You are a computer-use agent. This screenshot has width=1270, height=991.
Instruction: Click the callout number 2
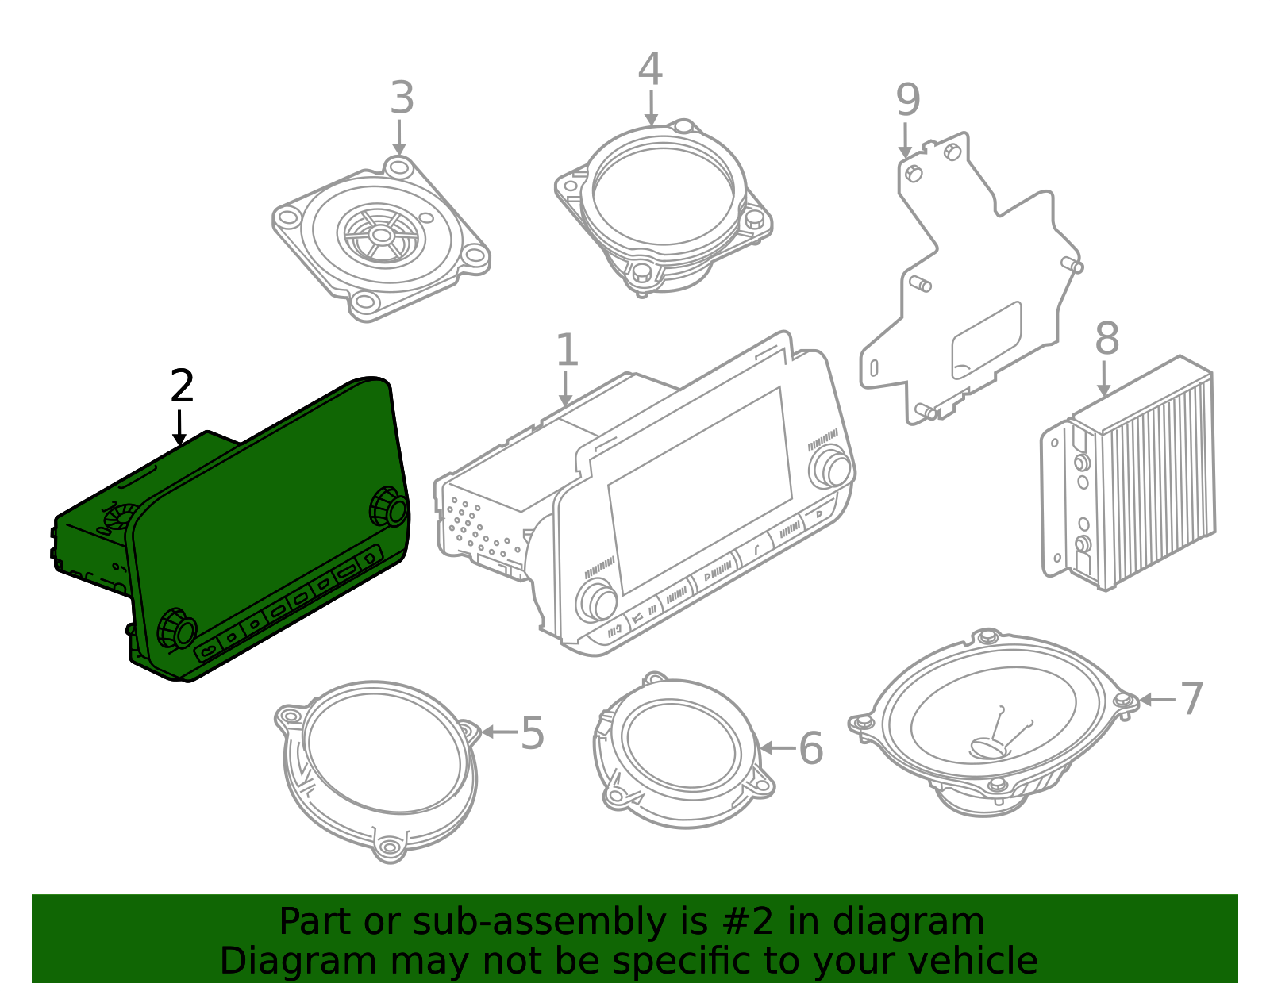(x=182, y=386)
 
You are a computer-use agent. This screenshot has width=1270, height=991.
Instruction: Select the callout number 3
(x=402, y=98)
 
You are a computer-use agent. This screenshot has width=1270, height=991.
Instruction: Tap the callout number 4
(x=650, y=70)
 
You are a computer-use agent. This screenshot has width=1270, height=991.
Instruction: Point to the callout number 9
(x=908, y=101)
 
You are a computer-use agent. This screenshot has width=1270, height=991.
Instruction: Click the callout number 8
(x=1107, y=339)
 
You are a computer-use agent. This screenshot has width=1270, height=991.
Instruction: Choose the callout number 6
(x=811, y=748)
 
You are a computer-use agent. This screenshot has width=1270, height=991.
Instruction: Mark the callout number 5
(x=533, y=733)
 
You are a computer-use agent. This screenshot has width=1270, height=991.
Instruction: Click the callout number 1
(x=567, y=351)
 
